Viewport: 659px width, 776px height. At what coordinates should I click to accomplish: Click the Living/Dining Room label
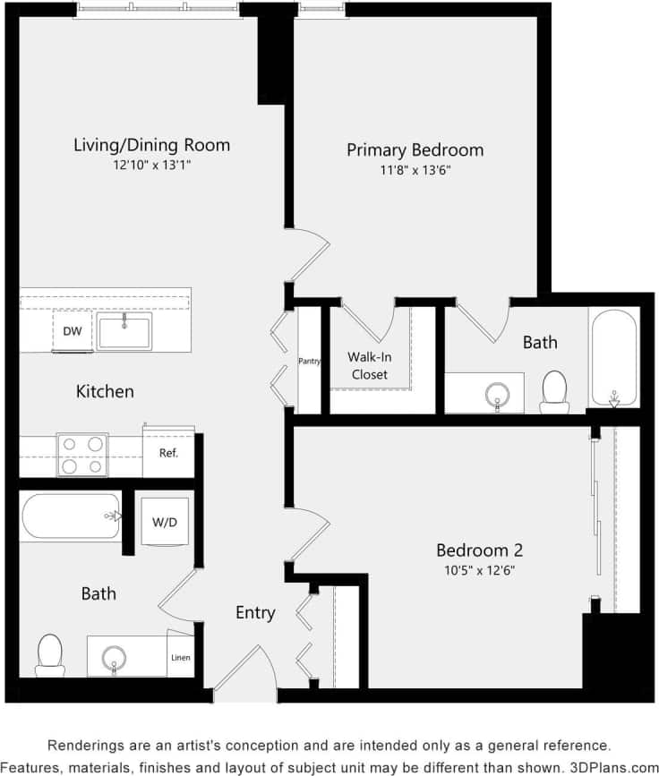coord(151,144)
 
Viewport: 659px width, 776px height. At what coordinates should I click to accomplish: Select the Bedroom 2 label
coord(479,550)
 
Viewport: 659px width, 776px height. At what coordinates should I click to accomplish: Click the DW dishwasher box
coord(73,331)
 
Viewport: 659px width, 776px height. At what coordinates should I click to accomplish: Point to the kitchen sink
coord(124,331)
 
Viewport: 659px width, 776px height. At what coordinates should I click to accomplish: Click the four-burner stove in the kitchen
coord(81,454)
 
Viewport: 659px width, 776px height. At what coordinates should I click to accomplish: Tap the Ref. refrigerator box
coord(168,453)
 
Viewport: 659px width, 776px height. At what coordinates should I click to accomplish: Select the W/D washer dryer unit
coord(165,521)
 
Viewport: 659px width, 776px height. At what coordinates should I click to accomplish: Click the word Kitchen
coord(105,391)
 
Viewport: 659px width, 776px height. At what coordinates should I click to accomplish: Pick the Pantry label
coord(310,361)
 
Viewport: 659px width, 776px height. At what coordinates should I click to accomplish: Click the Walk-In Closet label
coord(369,365)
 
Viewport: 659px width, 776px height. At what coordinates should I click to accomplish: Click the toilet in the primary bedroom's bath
coord(554,391)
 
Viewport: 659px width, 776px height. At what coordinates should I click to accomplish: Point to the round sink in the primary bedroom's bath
coord(497,394)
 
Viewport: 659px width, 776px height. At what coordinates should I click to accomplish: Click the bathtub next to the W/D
coord(71,516)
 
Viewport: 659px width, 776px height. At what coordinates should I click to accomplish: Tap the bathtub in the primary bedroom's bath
coord(613,357)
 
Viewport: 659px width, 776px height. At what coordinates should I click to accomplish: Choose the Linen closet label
coord(180,659)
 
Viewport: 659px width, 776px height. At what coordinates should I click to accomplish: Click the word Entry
coord(255,613)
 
